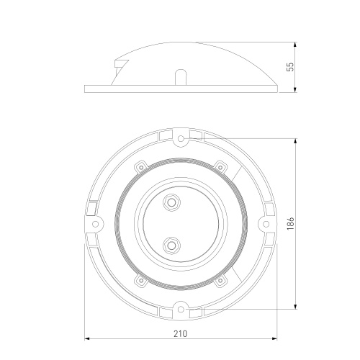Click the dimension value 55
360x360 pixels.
click(290, 67)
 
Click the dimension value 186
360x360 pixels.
click(291, 224)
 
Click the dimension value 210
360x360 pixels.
click(180, 333)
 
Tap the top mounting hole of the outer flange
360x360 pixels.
click(181, 138)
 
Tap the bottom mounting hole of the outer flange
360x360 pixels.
click(181, 310)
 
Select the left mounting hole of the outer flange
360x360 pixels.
click(96, 224)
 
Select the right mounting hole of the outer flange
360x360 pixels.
click(266, 224)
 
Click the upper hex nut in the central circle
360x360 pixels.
click(171, 202)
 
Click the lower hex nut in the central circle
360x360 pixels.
click(171, 246)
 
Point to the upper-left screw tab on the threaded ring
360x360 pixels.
click(141, 167)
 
